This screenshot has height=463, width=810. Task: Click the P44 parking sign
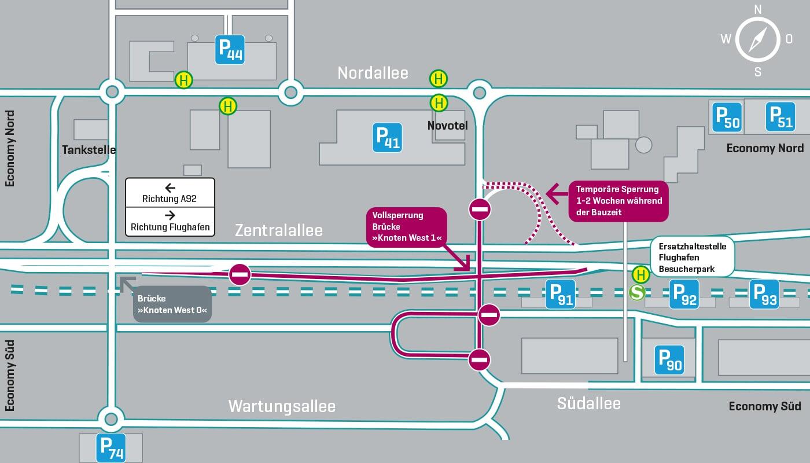[x=230, y=50]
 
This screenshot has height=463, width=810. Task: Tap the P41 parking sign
[x=388, y=138]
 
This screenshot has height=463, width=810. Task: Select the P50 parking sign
[x=727, y=117]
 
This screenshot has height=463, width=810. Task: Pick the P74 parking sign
[x=111, y=447]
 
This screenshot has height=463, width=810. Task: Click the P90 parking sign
[x=669, y=359]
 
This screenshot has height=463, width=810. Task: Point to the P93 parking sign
[x=764, y=294]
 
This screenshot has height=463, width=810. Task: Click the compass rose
[x=757, y=40]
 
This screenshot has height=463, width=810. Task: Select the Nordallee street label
[x=373, y=73]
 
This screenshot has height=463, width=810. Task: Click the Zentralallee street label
[x=278, y=230]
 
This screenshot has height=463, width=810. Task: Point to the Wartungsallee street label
[x=282, y=406]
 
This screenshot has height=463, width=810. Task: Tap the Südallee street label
[x=588, y=403]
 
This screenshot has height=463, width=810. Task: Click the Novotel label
[x=447, y=126]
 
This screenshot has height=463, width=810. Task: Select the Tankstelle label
[x=89, y=150]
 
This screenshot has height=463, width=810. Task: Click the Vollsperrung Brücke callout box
[x=406, y=227]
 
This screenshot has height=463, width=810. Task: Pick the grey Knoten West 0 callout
[x=172, y=304]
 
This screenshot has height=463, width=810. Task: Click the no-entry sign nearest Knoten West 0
[x=240, y=274]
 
